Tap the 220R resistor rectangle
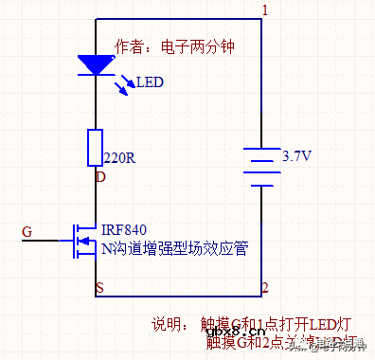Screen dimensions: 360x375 (96, 148)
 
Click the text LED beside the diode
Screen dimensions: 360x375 (150, 82)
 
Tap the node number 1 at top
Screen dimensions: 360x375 (265, 10)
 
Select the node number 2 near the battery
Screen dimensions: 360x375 (266, 287)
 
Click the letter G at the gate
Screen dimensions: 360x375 (27, 231)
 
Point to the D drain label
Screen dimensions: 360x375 (100, 175)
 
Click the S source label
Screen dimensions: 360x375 (99, 287)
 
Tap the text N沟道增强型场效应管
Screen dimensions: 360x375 (175, 249)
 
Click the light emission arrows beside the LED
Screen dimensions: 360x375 (125, 87)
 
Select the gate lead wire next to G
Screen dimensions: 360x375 (47, 240)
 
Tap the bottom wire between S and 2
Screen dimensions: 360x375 (180, 297)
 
